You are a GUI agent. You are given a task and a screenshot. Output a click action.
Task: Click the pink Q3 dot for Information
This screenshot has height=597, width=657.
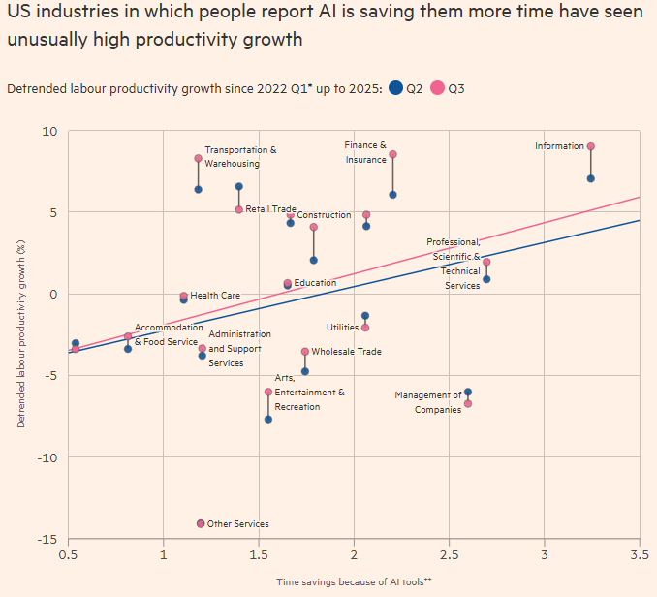tap(591, 146)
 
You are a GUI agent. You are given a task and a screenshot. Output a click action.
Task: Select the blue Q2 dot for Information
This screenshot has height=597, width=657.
tap(591, 178)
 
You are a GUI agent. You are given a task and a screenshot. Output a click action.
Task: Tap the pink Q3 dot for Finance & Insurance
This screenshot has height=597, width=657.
tap(392, 154)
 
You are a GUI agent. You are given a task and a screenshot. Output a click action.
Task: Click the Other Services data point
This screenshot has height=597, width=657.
tap(201, 523)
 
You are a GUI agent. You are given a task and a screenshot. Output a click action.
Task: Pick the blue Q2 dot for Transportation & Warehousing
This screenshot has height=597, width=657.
tap(198, 189)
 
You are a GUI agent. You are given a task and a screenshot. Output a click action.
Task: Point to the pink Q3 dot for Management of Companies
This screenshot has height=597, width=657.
tap(468, 403)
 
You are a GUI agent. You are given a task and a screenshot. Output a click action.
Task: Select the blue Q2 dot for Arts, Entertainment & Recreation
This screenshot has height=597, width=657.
tap(268, 419)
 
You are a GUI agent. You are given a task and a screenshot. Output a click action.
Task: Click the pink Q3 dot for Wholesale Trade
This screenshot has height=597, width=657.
tap(305, 352)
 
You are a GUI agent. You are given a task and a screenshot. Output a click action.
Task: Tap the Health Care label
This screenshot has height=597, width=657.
tap(215, 296)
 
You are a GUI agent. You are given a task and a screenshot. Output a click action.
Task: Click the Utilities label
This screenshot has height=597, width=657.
tap(342, 328)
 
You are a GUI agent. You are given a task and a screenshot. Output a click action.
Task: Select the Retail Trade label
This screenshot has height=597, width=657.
tap(270, 209)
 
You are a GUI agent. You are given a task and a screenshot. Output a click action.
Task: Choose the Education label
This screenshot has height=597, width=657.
tap(315, 283)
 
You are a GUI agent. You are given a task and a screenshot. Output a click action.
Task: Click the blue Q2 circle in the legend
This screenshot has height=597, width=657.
tap(395, 88)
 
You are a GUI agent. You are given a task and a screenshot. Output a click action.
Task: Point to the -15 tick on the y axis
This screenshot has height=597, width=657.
tap(46, 539)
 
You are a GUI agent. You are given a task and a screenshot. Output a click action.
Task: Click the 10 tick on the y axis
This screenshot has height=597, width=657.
tap(49, 131)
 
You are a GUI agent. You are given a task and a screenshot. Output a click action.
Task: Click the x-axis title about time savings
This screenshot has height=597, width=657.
tap(353, 581)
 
